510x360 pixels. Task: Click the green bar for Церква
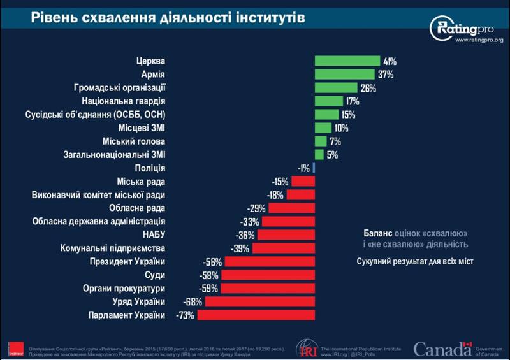coord(347,61)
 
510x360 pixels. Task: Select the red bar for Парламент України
coord(256,315)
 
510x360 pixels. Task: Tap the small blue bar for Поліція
coord(314,168)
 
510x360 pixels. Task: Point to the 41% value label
coord(390,61)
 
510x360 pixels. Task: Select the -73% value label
coord(185,315)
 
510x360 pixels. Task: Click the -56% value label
coord(212,262)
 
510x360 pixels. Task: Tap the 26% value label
coord(368,88)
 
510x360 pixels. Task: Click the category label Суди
coord(155,275)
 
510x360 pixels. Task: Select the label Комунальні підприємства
coord(113,248)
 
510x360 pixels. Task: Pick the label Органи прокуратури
coord(125,289)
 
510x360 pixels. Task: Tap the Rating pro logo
coord(465,27)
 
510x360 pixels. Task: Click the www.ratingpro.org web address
coord(479,41)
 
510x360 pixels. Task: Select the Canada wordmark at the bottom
coord(440,348)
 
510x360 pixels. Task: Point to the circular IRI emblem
coord(305,349)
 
